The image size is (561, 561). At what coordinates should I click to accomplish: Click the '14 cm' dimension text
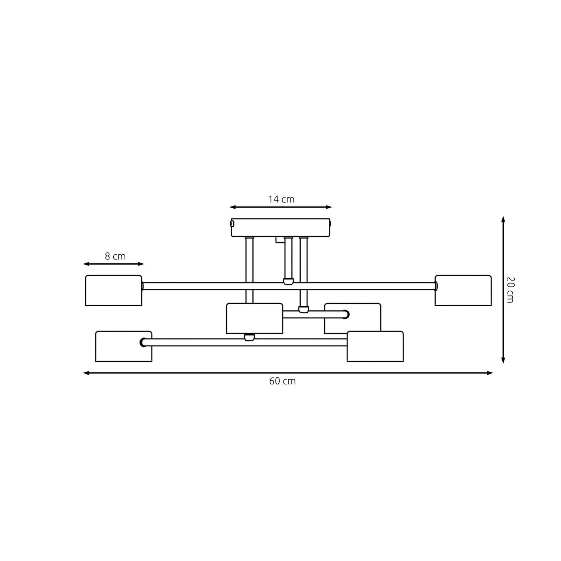point(281,199)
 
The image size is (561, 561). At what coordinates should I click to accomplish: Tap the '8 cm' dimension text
point(115,257)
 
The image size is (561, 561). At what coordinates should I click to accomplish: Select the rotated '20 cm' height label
point(510,290)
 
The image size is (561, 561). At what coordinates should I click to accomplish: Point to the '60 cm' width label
point(282,381)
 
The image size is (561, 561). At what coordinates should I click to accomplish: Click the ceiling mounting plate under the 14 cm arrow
point(281,228)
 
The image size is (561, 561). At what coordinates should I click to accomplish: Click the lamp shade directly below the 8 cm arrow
point(114,291)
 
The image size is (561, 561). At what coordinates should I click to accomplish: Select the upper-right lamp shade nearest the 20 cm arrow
point(463,291)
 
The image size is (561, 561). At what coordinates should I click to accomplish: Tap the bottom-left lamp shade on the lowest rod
point(123,346)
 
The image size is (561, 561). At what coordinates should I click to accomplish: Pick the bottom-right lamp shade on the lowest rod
point(375,346)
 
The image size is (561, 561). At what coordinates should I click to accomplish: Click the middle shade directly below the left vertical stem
point(254,318)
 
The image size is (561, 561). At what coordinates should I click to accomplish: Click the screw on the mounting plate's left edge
point(232,224)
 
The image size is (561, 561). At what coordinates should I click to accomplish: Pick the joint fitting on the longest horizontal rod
point(288,282)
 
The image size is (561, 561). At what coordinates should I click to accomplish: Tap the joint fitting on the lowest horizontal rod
point(249,338)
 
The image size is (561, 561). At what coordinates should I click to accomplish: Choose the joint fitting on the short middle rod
point(303,309)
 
